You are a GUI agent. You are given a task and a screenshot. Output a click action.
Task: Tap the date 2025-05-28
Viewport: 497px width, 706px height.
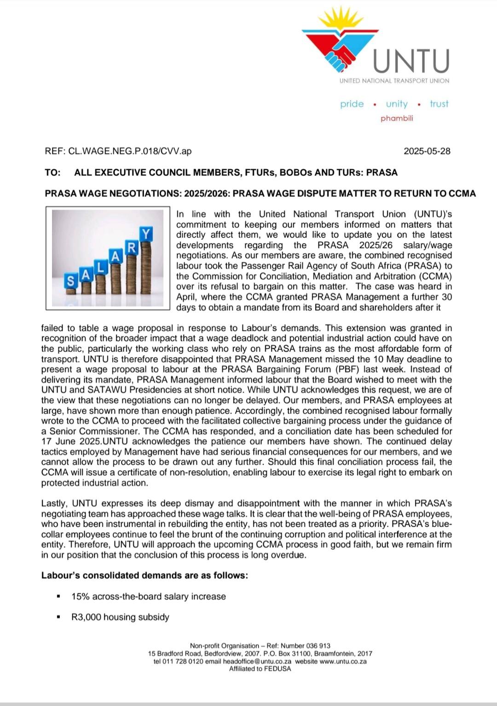pos(427,151)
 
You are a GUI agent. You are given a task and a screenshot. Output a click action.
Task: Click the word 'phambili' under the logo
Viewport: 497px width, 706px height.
pos(397,118)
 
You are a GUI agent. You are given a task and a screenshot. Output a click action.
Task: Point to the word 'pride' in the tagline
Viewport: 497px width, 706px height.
pos(352,104)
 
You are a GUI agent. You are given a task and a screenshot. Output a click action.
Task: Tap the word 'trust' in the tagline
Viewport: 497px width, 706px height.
pos(439,104)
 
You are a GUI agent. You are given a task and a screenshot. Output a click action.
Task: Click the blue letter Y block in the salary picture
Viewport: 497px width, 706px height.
pos(146,235)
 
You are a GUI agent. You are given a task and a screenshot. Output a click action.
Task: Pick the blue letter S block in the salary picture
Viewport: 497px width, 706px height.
pos(70,281)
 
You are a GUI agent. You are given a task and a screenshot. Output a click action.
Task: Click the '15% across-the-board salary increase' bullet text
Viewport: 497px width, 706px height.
pos(149,597)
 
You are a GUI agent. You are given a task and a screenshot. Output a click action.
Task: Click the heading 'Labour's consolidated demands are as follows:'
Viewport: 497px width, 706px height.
pos(144,575)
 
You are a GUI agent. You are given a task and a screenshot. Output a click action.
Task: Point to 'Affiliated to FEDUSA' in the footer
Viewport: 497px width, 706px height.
pos(260,669)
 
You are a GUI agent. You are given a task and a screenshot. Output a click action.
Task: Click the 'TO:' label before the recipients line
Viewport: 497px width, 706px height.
pos(52,172)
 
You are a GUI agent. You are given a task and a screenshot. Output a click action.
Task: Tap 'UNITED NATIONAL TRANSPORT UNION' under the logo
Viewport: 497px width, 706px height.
pos(394,81)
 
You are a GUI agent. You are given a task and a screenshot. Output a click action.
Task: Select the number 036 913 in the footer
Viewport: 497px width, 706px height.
pos(318,646)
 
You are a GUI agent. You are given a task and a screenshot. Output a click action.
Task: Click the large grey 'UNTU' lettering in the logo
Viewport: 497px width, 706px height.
pos(410,61)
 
